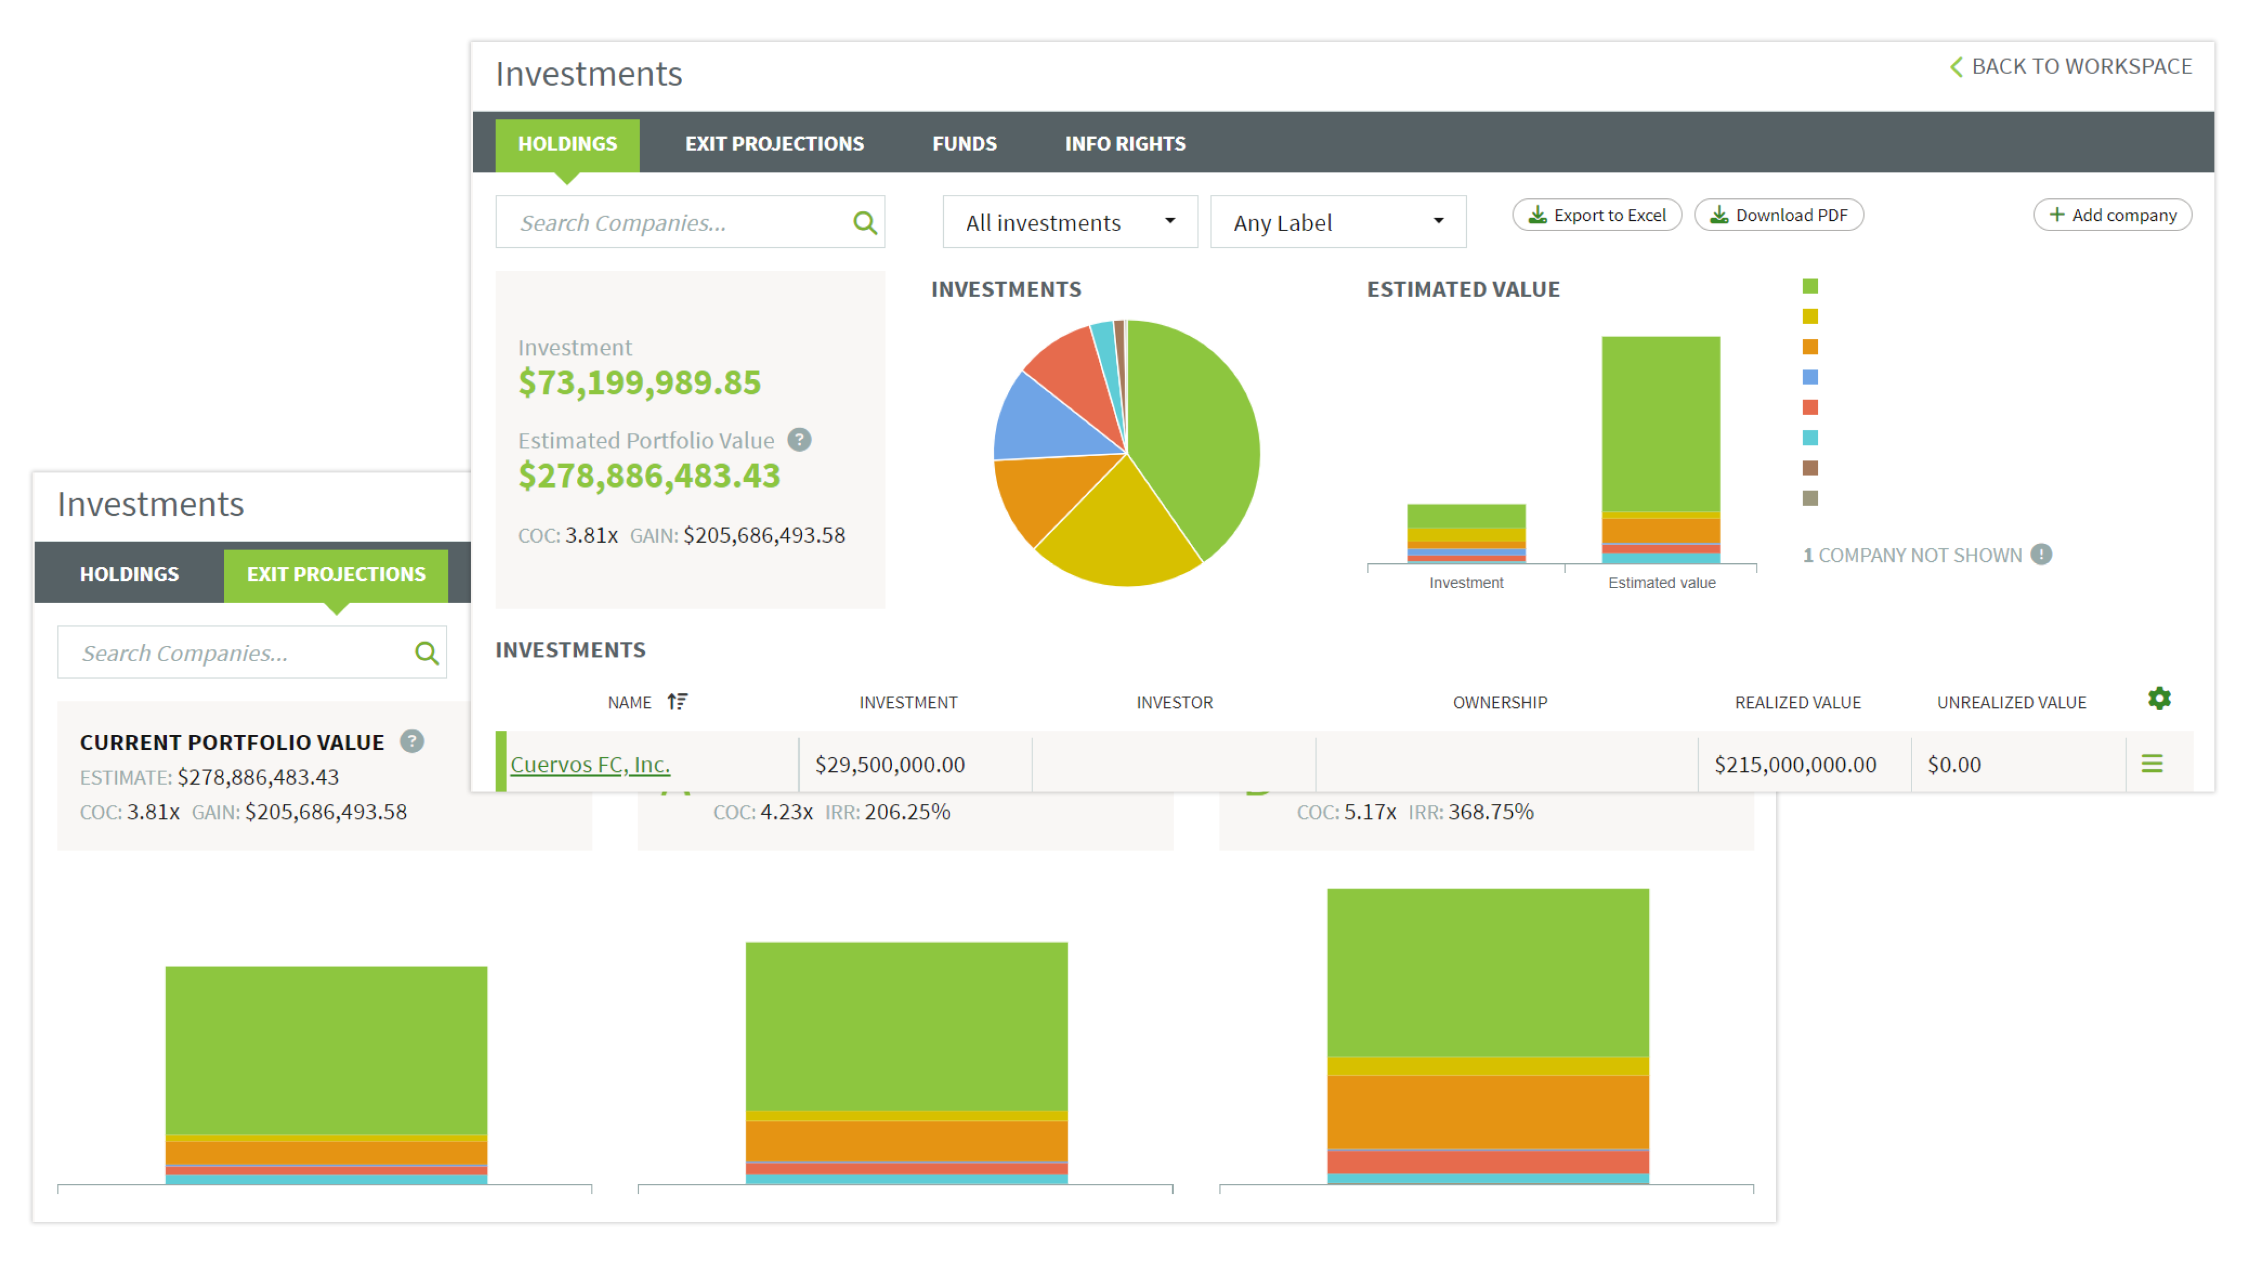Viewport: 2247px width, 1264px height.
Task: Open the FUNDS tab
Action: coord(964,144)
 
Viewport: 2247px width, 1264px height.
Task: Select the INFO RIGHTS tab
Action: coord(1125,144)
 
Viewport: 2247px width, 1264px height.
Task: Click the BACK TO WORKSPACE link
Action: coord(2071,67)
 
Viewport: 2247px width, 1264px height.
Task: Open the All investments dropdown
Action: coord(1070,224)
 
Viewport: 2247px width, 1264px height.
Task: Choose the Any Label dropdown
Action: coord(1337,224)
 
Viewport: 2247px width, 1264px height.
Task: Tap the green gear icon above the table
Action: coord(2159,699)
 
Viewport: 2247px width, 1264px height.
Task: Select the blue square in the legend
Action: coord(1810,377)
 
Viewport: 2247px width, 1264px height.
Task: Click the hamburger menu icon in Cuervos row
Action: coord(2152,764)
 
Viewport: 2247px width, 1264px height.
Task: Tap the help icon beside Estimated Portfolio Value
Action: coord(799,440)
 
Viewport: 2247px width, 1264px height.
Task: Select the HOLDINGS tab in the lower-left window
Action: coord(129,574)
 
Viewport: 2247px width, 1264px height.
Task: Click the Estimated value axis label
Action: coord(1662,583)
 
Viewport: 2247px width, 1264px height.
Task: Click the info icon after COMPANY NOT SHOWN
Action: coord(2041,555)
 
